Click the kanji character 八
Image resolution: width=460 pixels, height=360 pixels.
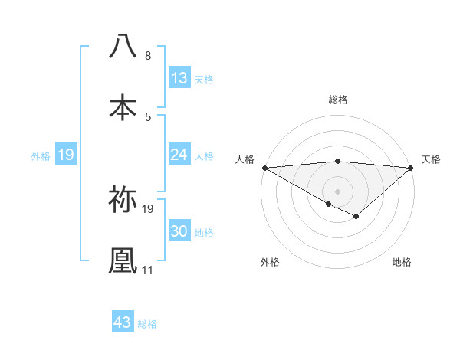[123, 47]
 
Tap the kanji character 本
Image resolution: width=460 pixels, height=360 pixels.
[123, 107]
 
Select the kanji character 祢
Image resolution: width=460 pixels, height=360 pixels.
[123, 200]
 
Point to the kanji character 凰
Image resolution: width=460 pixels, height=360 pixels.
[123, 260]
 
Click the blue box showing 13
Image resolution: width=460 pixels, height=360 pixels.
[179, 78]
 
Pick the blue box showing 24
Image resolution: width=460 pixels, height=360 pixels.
[179, 155]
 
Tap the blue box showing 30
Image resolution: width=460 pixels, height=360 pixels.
[179, 231]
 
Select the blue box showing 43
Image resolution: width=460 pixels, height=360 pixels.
[123, 322]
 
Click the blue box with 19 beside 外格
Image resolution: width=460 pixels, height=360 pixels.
[66, 155]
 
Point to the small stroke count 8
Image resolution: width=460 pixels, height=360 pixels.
[147, 56]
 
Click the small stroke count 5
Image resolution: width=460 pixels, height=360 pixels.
[147, 116]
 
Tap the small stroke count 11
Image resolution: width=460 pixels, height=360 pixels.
[148, 270]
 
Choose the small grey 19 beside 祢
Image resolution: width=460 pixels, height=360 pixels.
[148, 208]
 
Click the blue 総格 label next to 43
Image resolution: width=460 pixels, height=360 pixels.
[147, 324]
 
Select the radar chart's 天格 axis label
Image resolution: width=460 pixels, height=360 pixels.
[431, 159]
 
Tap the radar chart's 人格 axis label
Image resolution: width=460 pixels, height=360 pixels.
[245, 159]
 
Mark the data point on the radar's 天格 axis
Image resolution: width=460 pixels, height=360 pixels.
[411, 167]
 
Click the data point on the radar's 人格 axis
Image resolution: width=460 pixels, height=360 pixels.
[264, 167]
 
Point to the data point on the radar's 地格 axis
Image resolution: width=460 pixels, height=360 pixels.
[356, 217]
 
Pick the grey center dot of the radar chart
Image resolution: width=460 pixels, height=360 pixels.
[337, 190]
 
